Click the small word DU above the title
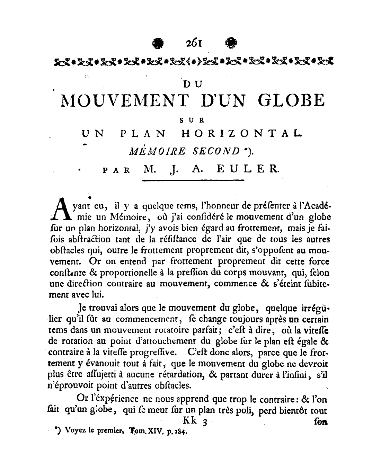[x=191, y=83]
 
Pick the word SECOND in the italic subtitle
[x=216, y=151]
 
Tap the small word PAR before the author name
[x=117, y=170]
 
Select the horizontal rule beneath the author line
[x=193, y=180]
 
